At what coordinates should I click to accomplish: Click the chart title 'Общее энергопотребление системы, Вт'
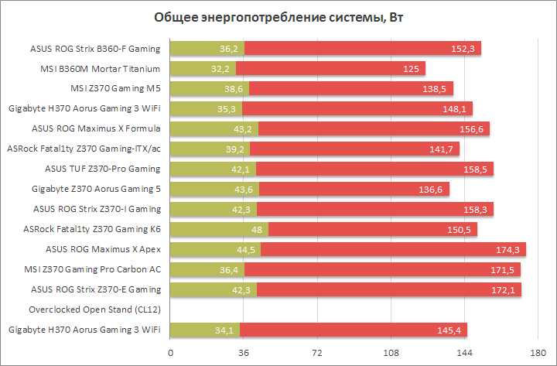tap(278, 18)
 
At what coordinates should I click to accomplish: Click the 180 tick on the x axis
tap(537, 352)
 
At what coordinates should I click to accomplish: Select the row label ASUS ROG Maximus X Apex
tap(104, 249)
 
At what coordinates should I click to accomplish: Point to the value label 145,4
tap(451, 330)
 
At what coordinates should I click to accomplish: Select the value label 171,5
tap(504, 269)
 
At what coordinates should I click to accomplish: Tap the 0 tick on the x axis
tap(170, 352)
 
